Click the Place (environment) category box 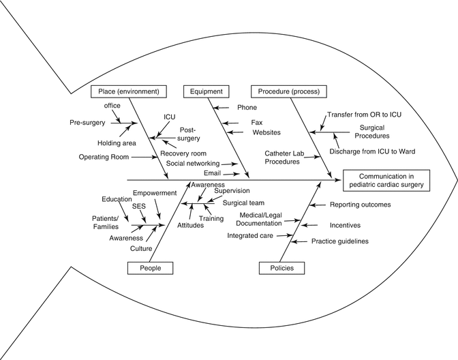point(129,91)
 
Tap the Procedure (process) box point(289,91)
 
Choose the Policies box point(281,268)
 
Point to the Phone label point(247,108)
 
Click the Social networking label point(193,164)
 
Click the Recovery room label point(184,153)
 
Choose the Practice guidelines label point(350,241)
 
